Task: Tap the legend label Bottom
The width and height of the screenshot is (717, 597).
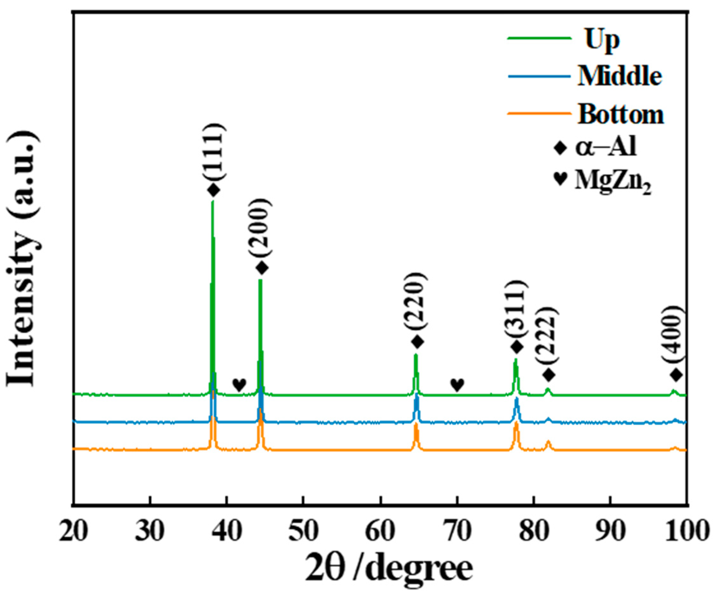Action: click(x=620, y=114)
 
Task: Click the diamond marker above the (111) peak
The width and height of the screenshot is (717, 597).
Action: click(x=214, y=190)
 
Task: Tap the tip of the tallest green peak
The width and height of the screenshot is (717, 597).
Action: click(x=212, y=202)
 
